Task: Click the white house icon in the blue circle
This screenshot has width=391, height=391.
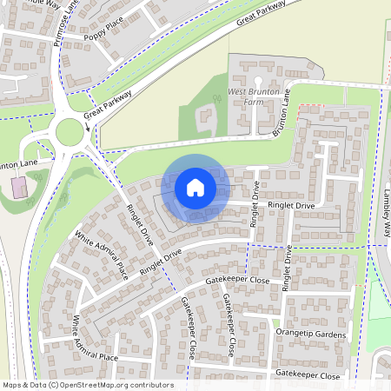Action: (x=195, y=187)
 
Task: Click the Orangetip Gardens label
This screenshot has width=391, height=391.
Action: (x=310, y=335)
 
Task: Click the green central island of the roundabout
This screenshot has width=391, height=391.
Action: (x=70, y=132)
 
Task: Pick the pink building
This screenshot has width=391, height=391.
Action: (x=18, y=186)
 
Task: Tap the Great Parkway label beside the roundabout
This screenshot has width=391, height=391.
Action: (x=108, y=103)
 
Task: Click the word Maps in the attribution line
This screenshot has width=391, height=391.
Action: (x=12, y=385)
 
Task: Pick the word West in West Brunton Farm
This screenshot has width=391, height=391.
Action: (x=238, y=90)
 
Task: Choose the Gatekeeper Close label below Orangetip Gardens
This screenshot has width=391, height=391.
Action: (x=308, y=375)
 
